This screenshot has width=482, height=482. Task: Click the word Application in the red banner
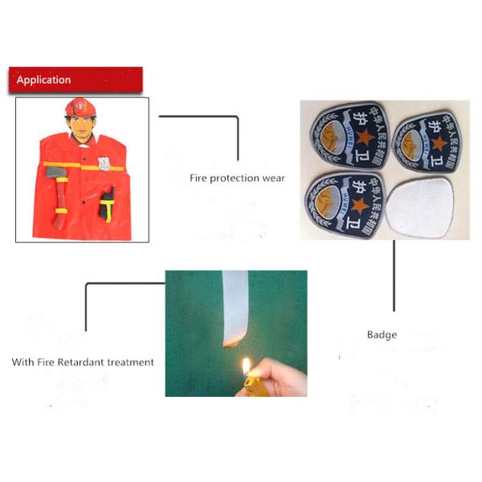pyautogui.click(x=43, y=80)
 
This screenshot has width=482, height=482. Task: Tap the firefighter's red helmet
pyautogui.click(x=80, y=108)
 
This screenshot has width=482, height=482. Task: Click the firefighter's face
pyautogui.click(x=80, y=126)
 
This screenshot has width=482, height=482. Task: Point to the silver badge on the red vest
pyautogui.click(x=104, y=163)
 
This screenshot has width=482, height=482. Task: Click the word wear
pyautogui.click(x=273, y=178)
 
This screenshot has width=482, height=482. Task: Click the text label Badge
pyautogui.click(x=382, y=334)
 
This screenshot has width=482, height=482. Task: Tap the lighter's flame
pyautogui.click(x=245, y=367)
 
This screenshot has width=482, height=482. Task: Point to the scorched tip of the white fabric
pyautogui.click(x=229, y=345)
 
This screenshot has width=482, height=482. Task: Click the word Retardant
pyautogui.click(x=82, y=362)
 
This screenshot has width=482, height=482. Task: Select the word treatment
pyautogui.click(x=131, y=362)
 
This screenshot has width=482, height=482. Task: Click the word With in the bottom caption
pyautogui.click(x=22, y=362)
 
